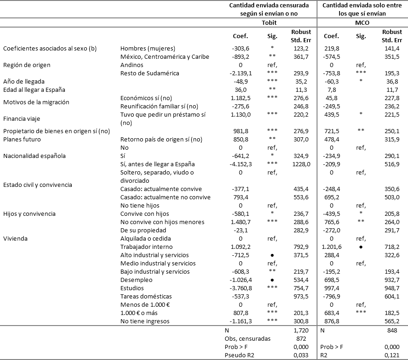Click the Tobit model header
coord(272,22)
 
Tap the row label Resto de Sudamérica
coord(149,73)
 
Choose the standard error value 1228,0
coord(301,164)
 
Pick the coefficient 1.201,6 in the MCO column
coord(332,247)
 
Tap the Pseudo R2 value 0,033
coord(302,355)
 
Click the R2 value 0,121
coord(393,355)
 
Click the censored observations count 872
coord(302,339)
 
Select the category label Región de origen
coord(27,65)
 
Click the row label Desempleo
coord(136,280)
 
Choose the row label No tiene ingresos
coord(145,321)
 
